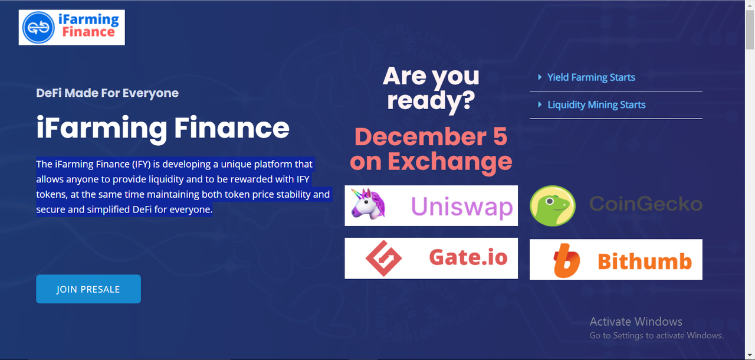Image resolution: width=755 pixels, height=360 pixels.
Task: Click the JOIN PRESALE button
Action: pyautogui.click(x=88, y=289)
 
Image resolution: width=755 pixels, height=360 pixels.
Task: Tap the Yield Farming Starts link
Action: pyautogui.click(x=591, y=77)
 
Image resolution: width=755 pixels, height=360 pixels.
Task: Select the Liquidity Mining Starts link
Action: pyautogui.click(x=596, y=105)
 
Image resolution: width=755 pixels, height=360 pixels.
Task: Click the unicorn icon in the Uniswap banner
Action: pyautogui.click(x=367, y=204)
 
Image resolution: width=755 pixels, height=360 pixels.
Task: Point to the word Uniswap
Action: pyautogui.click(x=462, y=206)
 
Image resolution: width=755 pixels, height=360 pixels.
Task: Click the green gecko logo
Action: pyautogui.click(x=553, y=205)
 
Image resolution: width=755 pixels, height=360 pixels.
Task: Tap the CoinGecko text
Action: pyautogui.click(x=645, y=204)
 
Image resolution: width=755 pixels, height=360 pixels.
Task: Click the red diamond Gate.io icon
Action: pyautogui.click(x=383, y=258)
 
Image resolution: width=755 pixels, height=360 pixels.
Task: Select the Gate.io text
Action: pyautogui.click(x=468, y=258)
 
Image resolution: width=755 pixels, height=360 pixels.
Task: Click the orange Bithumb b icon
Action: pyautogui.click(x=566, y=261)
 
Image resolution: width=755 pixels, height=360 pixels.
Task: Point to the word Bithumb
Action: pyautogui.click(x=645, y=261)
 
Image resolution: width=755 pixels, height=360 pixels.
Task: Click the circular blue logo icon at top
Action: pyautogui.click(x=38, y=28)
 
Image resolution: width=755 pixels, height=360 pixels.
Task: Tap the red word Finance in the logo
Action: pyautogui.click(x=88, y=32)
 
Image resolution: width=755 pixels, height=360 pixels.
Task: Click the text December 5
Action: pyautogui.click(x=431, y=137)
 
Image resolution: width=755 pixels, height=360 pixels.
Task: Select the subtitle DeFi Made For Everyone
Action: pyautogui.click(x=107, y=93)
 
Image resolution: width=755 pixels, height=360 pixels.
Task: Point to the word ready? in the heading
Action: pyautogui.click(x=431, y=100)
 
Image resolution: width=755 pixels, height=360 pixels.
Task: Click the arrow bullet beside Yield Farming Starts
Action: pyautogui.click(x=540, y=77)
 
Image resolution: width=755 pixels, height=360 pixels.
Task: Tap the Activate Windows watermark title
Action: pyautogui.click(x=636, y=322)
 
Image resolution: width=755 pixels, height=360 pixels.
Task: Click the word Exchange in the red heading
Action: pyautogui.click(x=449, y=162)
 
